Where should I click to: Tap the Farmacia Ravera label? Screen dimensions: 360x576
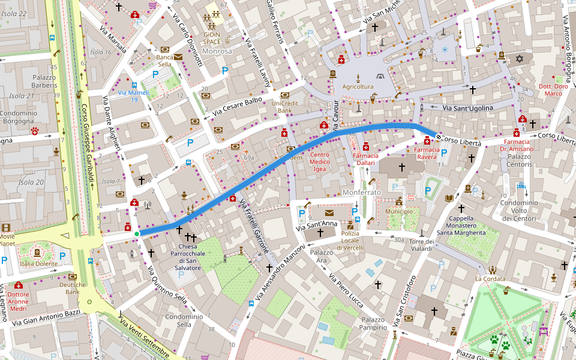[427, 153]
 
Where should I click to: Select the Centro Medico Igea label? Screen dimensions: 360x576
[328, 162]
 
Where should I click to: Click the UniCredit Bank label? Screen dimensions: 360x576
[284, 107]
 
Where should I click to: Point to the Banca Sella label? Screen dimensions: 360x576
[164, 61]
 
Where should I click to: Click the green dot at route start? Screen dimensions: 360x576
[137, 233]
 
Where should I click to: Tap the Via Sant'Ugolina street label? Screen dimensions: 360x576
[467, 108]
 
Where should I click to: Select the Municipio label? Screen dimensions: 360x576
[399, 212]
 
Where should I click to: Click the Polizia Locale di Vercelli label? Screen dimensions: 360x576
[350, 241]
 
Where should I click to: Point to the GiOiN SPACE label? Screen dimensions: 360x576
[211, 38]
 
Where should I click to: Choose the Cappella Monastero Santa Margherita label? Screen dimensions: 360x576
[461, 225]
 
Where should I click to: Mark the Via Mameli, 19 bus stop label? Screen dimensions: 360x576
[133, 96]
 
